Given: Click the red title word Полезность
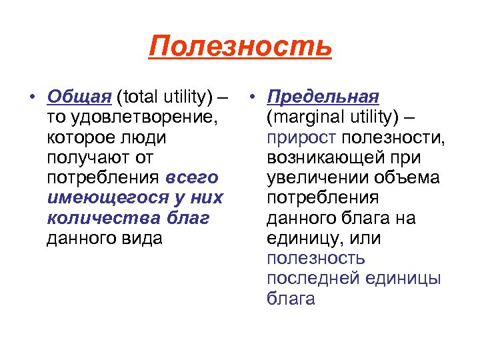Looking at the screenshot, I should [240, 47].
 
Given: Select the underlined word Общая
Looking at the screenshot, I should [79, 98].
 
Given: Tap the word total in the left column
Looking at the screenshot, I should [135, 98].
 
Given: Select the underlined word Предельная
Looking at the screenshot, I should [323, 98].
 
